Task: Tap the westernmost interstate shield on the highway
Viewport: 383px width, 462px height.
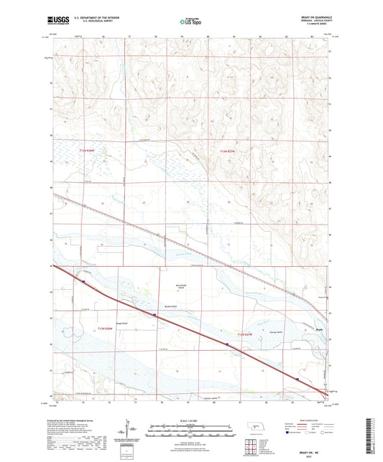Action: (x=83, y=282)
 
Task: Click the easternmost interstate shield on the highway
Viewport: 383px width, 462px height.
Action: (x=297, y=379)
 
